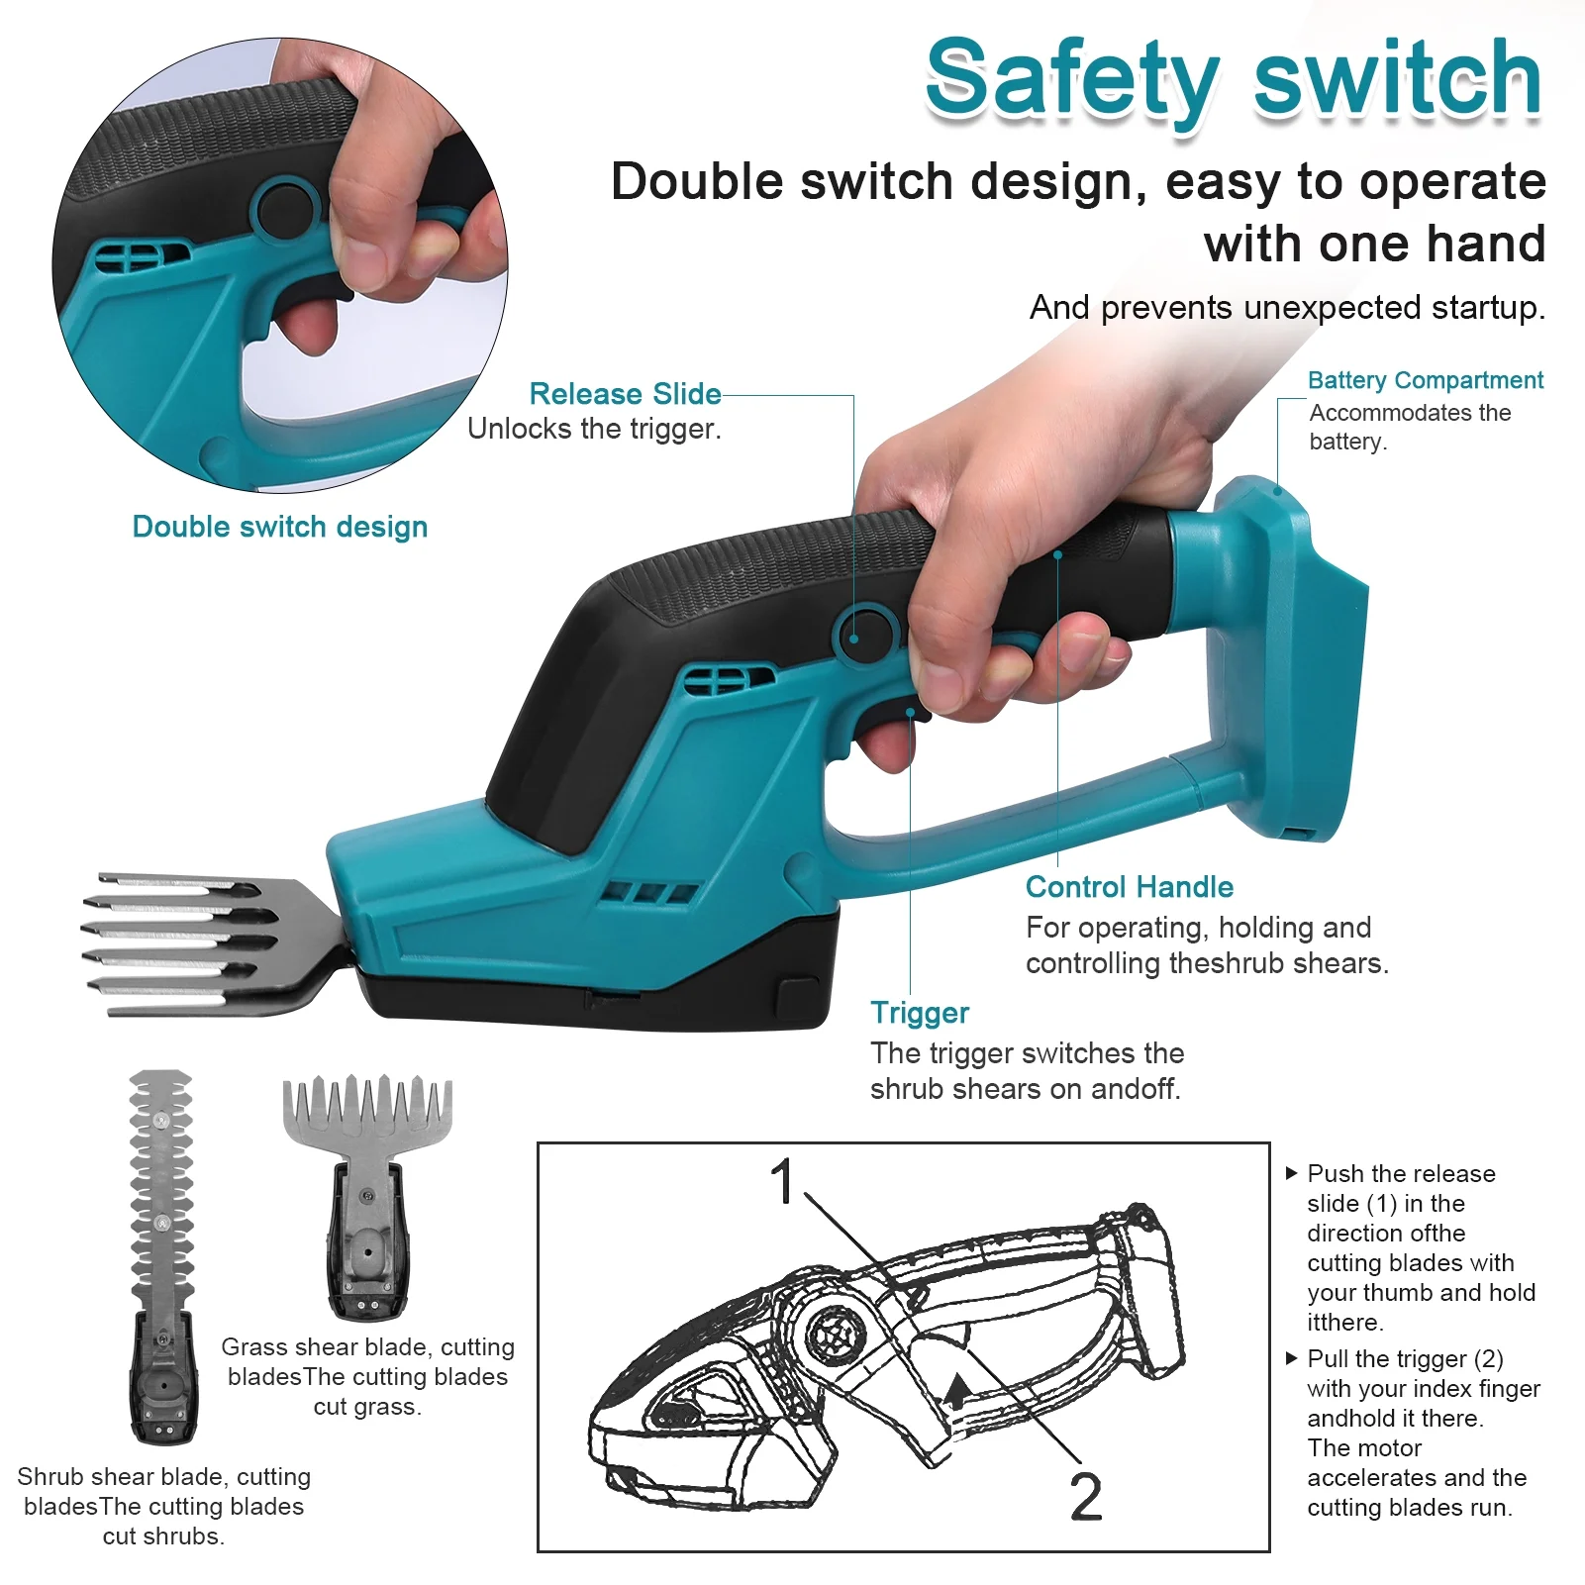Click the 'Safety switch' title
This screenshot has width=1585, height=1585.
click(1233, 79)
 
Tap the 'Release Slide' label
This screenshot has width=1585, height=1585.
click(625, 394)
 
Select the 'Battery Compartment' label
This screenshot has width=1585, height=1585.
click(1425, 380)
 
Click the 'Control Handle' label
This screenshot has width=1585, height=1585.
click(1129, 887)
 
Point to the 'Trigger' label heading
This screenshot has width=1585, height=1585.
click(920, 1013)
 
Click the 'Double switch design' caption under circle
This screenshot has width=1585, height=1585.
click(280, 527)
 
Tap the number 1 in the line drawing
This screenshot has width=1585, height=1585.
click(782, 1181)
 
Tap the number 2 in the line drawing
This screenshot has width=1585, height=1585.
click(1086, 1496)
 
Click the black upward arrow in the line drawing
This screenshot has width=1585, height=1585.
click(956, 1390)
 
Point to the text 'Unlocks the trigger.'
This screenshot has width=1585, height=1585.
click(594, 429)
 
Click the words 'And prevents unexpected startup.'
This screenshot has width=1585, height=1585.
click(1286, 308)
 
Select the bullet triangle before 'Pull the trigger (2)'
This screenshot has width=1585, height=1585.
click(1291, 1358)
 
